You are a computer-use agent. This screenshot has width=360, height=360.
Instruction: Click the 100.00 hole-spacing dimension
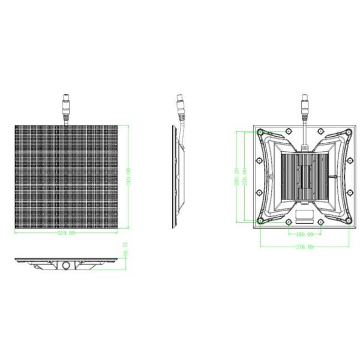(304, 233)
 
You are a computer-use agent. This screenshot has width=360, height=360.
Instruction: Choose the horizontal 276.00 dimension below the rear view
(304, 246)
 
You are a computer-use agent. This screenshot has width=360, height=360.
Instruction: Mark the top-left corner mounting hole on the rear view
(260, 133)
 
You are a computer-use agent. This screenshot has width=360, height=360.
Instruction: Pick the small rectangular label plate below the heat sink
(304, 214)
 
